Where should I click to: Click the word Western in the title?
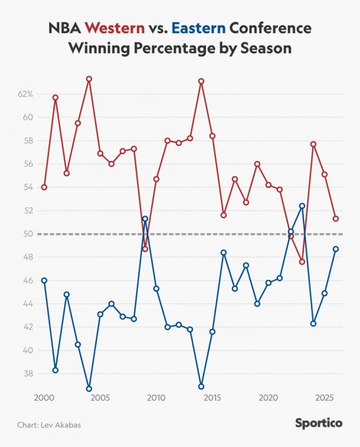coord(115,28)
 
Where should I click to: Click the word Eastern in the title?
coord(198,28)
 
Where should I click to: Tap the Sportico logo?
coord(319,423)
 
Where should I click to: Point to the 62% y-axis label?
coord(25,94)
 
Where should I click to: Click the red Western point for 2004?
coord(89,79)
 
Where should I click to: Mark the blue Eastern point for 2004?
coord(89,389)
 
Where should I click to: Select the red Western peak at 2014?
coord(201,81)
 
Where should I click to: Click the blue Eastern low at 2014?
coord(201,387)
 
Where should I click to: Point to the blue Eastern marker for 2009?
coord(145,218)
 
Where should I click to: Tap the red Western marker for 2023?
coord(302,262)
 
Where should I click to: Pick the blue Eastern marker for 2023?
coord(302,206)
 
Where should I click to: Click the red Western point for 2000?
coord(44,187)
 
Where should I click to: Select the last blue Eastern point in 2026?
coord(336,249)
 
